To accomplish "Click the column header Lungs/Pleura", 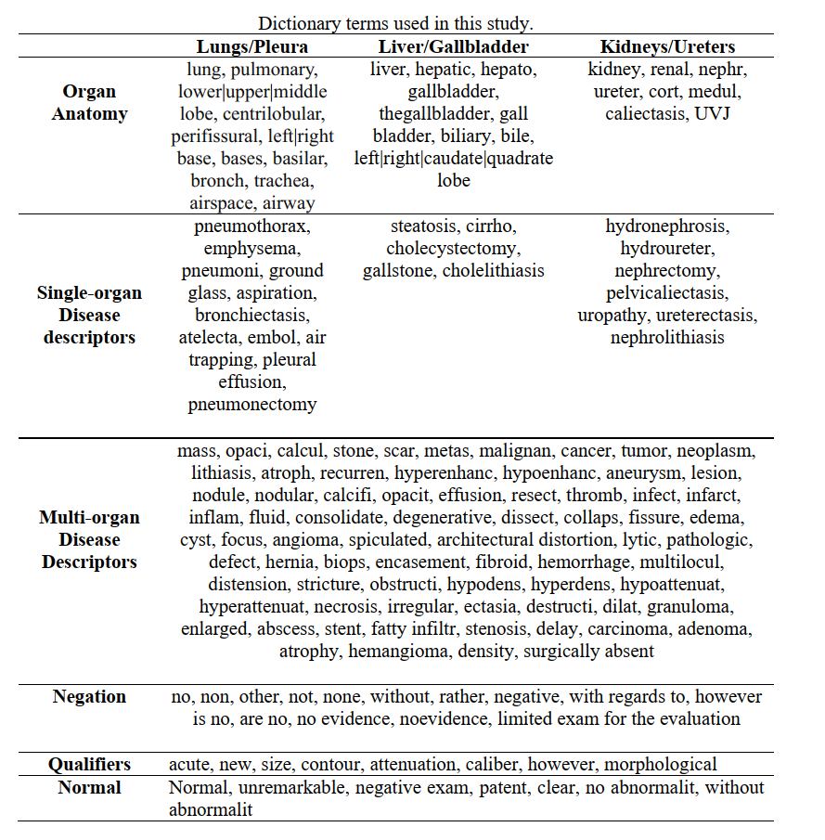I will click(x=251, y=46).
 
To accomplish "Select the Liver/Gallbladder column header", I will click(x=454, y=46).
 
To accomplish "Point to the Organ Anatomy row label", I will click(x=89, y=103).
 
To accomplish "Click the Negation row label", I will click(x=89, y=696).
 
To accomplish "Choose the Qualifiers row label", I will click(x=89, y=765).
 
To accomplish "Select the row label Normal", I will click(x=89, y=787).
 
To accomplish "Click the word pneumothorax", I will click(x=252, y=226).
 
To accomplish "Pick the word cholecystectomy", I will click(x=454, y=248).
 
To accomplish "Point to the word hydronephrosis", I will click(x=667, y=226).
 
